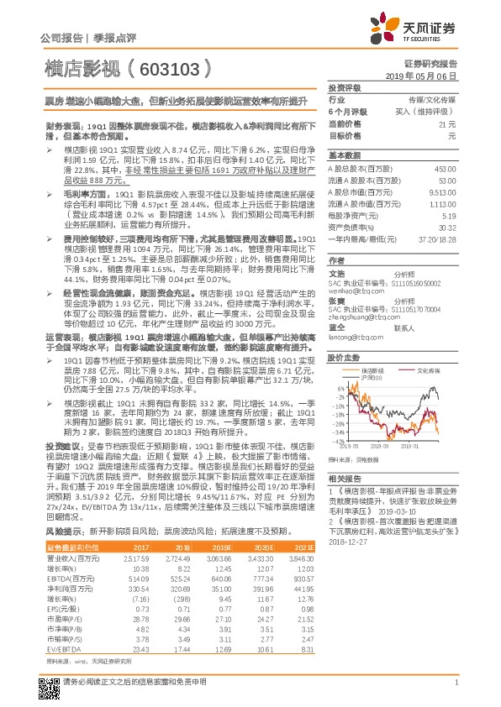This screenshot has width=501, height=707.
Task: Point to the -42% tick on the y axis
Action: coord(336,440)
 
